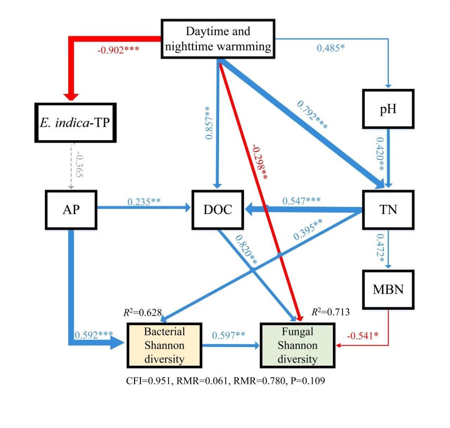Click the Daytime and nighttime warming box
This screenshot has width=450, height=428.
pos(218,39)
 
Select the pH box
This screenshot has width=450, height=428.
pos(388,109)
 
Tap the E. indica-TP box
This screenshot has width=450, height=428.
pos(75,123)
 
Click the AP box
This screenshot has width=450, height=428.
pos(71,209)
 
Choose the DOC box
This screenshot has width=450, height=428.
pos(217,209)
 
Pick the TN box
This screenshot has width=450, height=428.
pos(388,209)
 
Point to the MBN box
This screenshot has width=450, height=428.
pos(388,289)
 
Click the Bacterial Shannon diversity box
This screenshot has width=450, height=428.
pos(165,345)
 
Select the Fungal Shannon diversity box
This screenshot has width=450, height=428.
pos(297,345)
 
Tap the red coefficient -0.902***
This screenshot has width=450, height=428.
pos(118,50)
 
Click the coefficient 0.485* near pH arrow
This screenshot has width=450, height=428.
pos(330,48)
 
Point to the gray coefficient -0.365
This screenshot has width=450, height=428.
pos(79,165)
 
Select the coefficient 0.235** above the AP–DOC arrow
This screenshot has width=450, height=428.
pos(144,202)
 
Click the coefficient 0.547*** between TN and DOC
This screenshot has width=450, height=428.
pos(301,201)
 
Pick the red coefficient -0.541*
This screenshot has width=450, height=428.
pos(362,336)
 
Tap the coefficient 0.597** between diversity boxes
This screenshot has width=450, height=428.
pos(229,335)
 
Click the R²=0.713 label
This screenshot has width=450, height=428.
pos(330,312)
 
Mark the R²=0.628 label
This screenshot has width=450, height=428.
pos(142,312)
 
